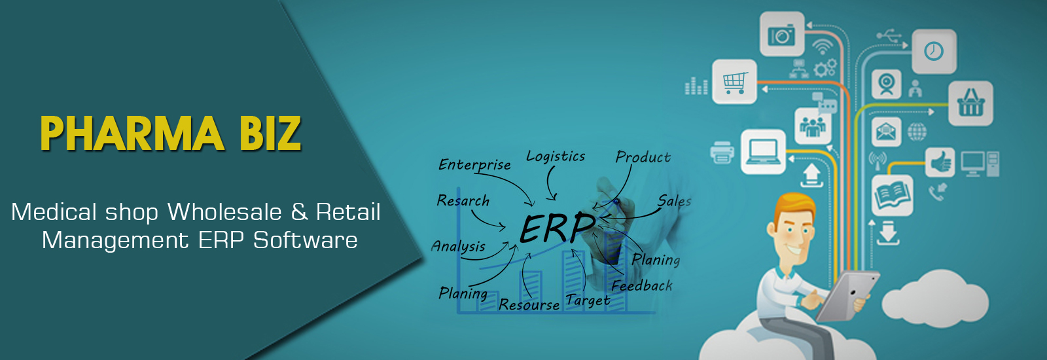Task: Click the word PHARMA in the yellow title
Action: (132, 134)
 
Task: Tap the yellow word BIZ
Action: (271, 134)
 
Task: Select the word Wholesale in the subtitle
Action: (225, 212)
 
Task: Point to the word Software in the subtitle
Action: (305, 240)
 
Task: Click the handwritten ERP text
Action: (557, 228)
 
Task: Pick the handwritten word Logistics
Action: (556, 156)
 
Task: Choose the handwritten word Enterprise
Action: (474, 164)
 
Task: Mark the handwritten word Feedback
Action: (642, 285)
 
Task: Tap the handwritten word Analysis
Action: (458, 246)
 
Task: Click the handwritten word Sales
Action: (674, 201)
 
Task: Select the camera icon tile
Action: (782, 34)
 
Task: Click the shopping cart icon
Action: (734, 82)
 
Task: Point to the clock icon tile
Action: (934, 51)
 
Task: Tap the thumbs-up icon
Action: (940, 163)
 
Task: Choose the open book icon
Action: (893, 196)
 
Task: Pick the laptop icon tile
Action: (763, 151)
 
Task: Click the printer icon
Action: (722, 153)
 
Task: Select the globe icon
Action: (917, 132)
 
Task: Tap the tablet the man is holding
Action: (847, 296)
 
